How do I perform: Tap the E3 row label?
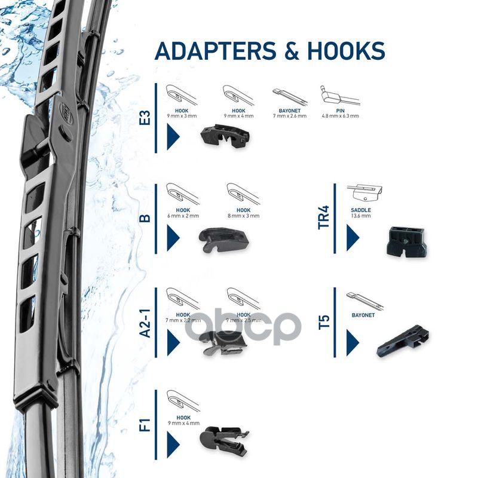tap(144, 118)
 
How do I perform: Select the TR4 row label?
tap(323, 217)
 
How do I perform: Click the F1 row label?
tap(144, 426)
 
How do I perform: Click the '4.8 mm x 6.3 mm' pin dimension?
tap(340, 116)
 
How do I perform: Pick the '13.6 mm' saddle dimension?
tap(361, 216)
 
